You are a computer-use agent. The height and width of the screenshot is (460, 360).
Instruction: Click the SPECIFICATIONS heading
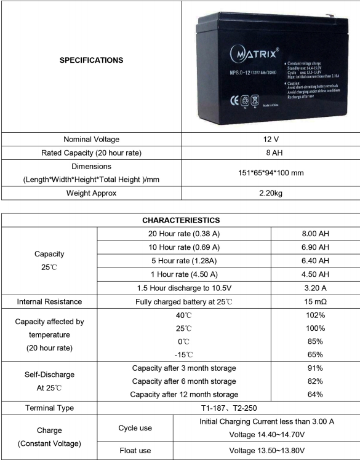click(91, 60)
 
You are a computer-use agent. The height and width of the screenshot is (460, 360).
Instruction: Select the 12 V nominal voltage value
click(271, 139)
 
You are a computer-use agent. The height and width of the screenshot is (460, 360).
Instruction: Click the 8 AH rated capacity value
click(271, 153)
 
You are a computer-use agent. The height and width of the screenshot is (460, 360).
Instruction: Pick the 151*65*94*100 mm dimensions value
click(271, 173)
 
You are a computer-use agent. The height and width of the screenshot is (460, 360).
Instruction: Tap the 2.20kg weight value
click(271, 193)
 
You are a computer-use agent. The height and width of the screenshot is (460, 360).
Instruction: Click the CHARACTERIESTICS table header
click(180, 220)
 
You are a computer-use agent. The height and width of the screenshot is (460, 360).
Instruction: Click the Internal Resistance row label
click(49, 301)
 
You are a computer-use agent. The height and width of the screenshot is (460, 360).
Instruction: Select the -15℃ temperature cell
click(185, 354)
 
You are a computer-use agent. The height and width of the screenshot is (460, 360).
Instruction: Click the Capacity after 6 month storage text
click(185, 381)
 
